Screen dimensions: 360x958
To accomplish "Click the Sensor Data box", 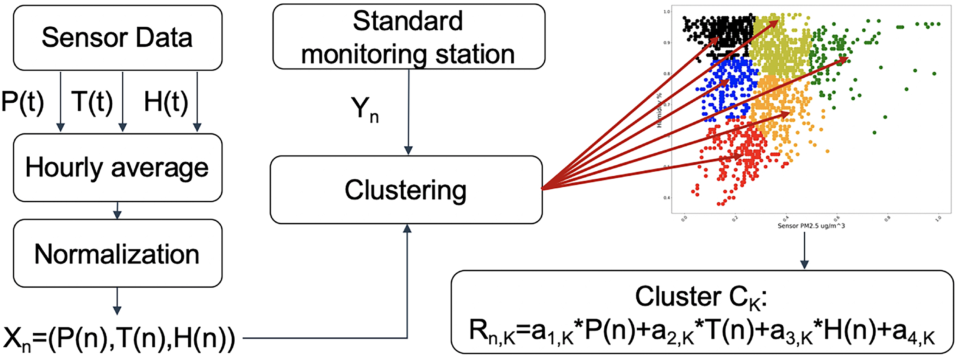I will tap(118, 38).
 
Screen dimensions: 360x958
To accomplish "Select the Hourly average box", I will tap(118, 168).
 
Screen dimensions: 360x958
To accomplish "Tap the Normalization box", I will tap(118, 254).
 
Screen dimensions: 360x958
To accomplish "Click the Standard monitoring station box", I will tap(408, 37).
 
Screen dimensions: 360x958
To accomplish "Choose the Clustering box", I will tap(406, 190).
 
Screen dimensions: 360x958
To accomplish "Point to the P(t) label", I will tap(22, 101).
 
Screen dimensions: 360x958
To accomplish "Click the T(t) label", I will tap(92, 101).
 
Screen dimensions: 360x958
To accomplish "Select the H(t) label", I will tap(166, 101).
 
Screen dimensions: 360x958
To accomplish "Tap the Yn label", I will tap(364, 110).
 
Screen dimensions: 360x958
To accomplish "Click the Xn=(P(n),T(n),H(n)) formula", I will tap(119, 339).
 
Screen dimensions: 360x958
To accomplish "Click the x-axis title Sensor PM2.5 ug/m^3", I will tap(811, 226).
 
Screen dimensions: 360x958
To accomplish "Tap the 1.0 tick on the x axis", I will tap(938, 219).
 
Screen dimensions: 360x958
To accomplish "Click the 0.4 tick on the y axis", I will tap(667, 198).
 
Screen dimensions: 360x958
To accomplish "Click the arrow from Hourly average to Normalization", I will tap(117, 211).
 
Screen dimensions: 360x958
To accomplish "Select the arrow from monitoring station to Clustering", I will tap(408, 112).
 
